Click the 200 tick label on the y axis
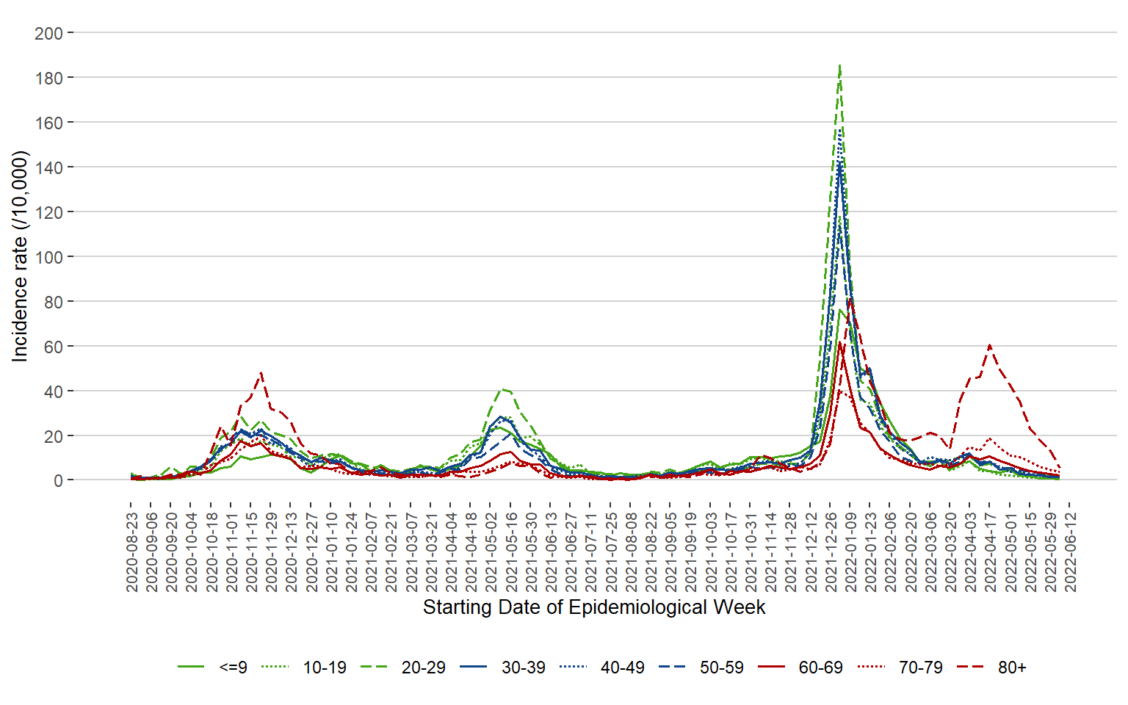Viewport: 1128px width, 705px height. click(x=48, y=33)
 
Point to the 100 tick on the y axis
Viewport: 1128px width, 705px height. click(x=48, y=257)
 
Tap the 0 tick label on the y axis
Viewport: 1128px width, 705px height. click(x=58, y=481)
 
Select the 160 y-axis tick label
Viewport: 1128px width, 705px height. click(x=48, y=123)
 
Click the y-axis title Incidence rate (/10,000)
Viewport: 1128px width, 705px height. click(x=20, y=256)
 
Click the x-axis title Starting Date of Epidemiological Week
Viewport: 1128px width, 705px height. click(x=593, y=608)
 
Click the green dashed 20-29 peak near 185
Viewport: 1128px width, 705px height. click(x=839, y=65)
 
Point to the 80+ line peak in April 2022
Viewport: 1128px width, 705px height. click(x=990, y=345)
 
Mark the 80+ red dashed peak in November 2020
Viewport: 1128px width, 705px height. click(x=261, y=373)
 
